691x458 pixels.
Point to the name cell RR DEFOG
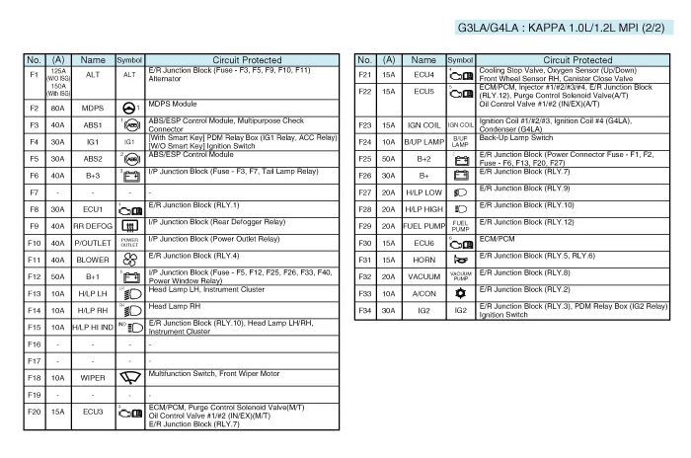coord(93,226)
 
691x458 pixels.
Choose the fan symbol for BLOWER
coord(129,259)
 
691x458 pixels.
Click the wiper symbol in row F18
coord(129,377)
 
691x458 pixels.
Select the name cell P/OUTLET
coord(93,242)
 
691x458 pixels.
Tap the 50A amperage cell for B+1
coord(58,276)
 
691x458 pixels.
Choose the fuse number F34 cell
coord(364,310)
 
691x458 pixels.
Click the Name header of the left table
coord(93,60)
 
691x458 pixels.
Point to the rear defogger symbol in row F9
coord(129,226)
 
